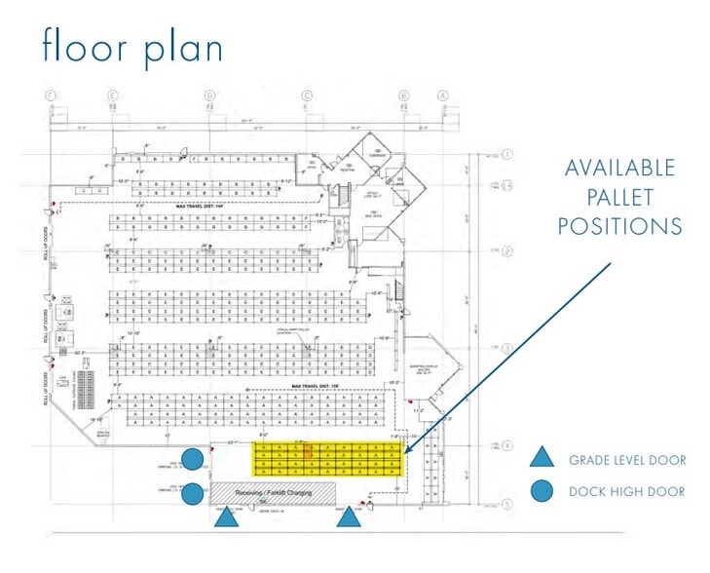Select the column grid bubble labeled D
point(209,95)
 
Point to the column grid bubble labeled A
point(443,95)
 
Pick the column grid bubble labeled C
point(307,95)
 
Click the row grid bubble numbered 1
point(507,155)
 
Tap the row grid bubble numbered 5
point(507,504)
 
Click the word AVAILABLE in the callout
point(620,168)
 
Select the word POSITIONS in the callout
point(620,226)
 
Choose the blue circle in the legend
point(542,491)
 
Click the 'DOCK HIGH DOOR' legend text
point(627,492)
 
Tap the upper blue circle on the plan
point(195,458)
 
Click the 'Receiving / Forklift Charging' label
point(273,492)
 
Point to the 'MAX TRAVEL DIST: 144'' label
point(206,207)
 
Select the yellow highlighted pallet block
point(326,459)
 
